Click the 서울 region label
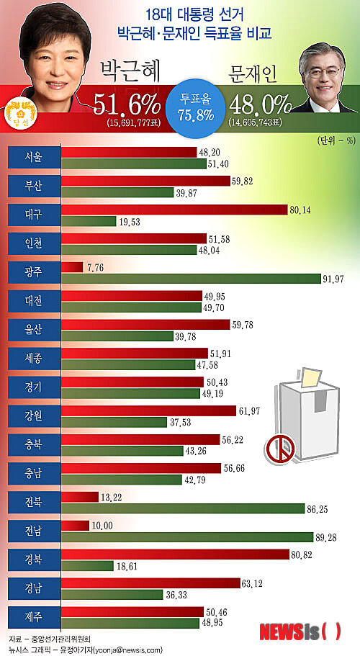(x=33, y=158)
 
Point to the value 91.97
(x=335, y=279)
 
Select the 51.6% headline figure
(x=127, y=106)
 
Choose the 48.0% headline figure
(x=260, y=105)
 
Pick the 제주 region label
(x=33, y=617)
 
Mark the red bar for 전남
(x=75, y=526)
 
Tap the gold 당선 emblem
(x=16, y=114)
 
